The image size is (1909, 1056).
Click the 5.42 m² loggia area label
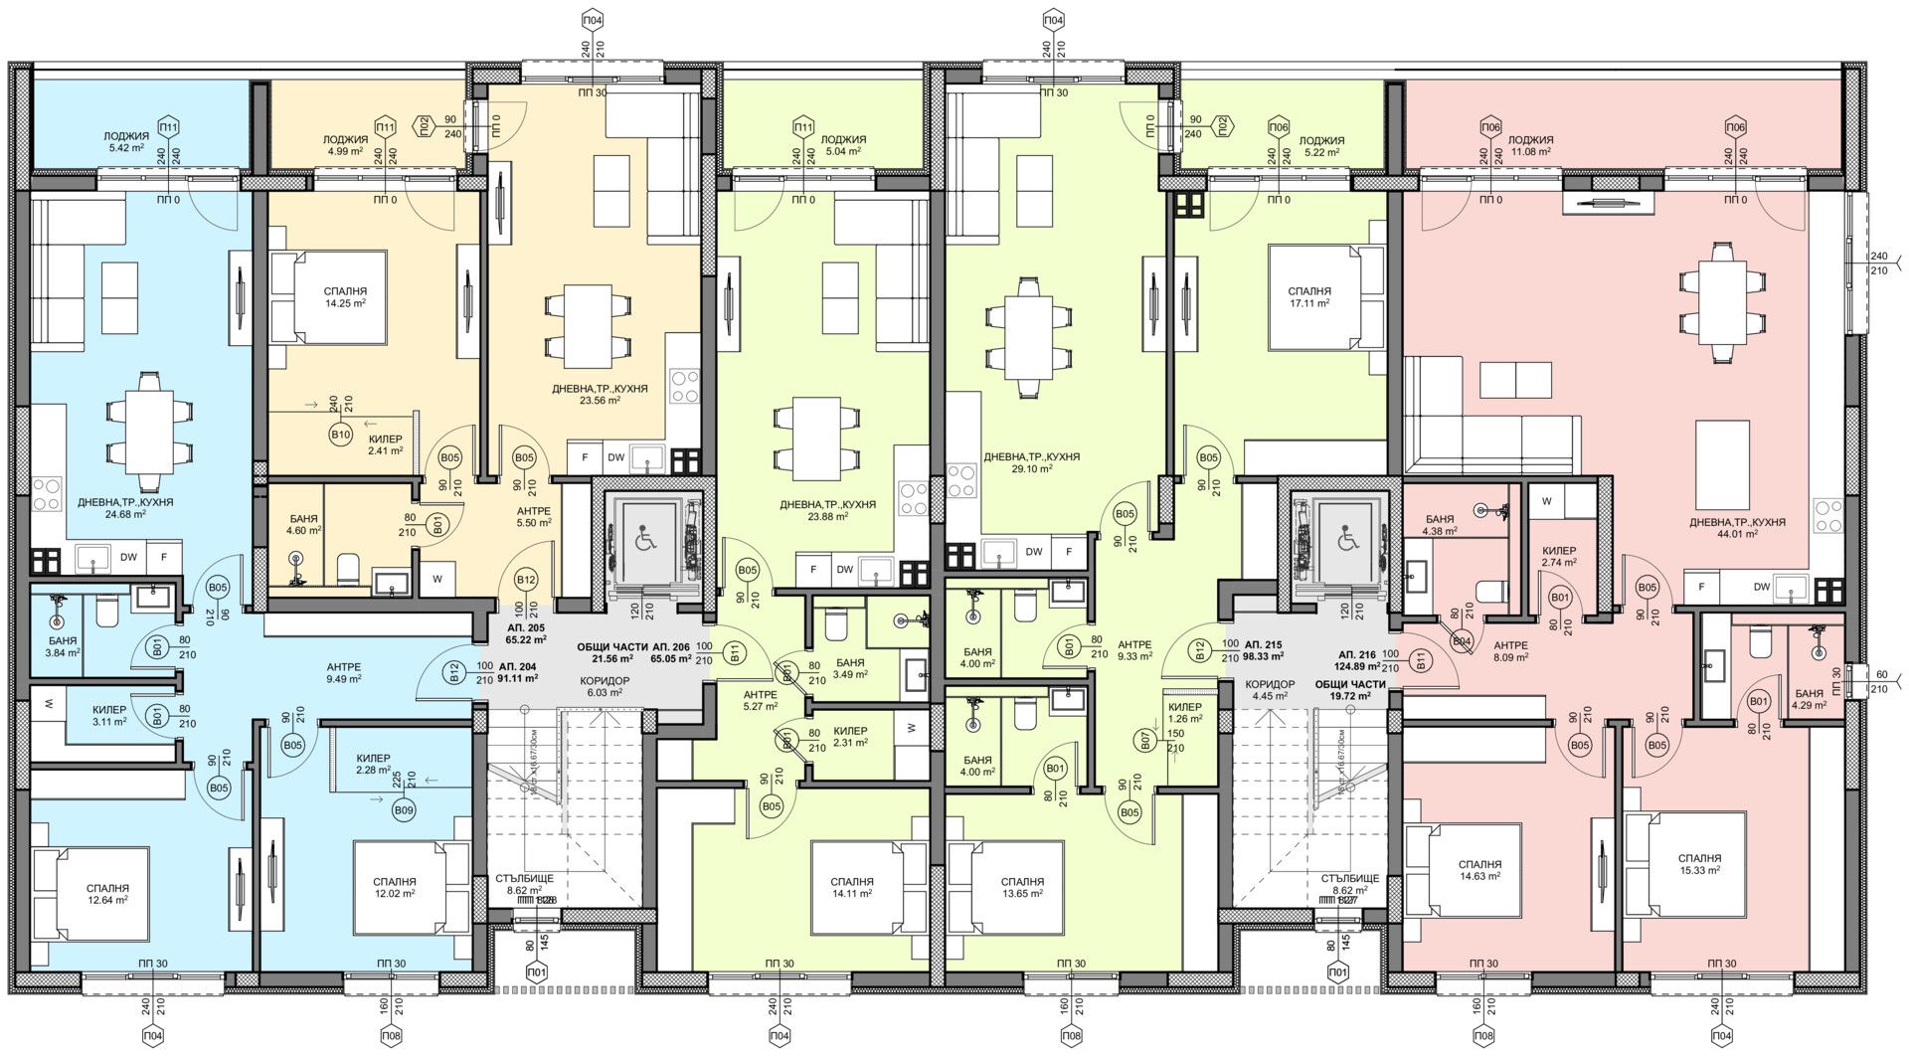click(x=126, y=145)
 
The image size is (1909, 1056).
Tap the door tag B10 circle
click(x=340, y=436)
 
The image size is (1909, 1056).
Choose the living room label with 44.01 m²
click(x=1737, y=528)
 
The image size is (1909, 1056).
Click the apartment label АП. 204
click(x=518, y=672)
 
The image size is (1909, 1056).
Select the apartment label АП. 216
click(x=1356, y=660)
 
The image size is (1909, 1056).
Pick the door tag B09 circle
click(x=404, y=811)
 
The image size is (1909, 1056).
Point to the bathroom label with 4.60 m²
click(x=304, y=525)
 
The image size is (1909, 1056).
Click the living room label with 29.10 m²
click(x=1031, y=462)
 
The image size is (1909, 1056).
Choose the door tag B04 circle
click(x=1462, y=642)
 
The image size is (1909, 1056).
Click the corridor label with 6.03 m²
click(x=604, y=687)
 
